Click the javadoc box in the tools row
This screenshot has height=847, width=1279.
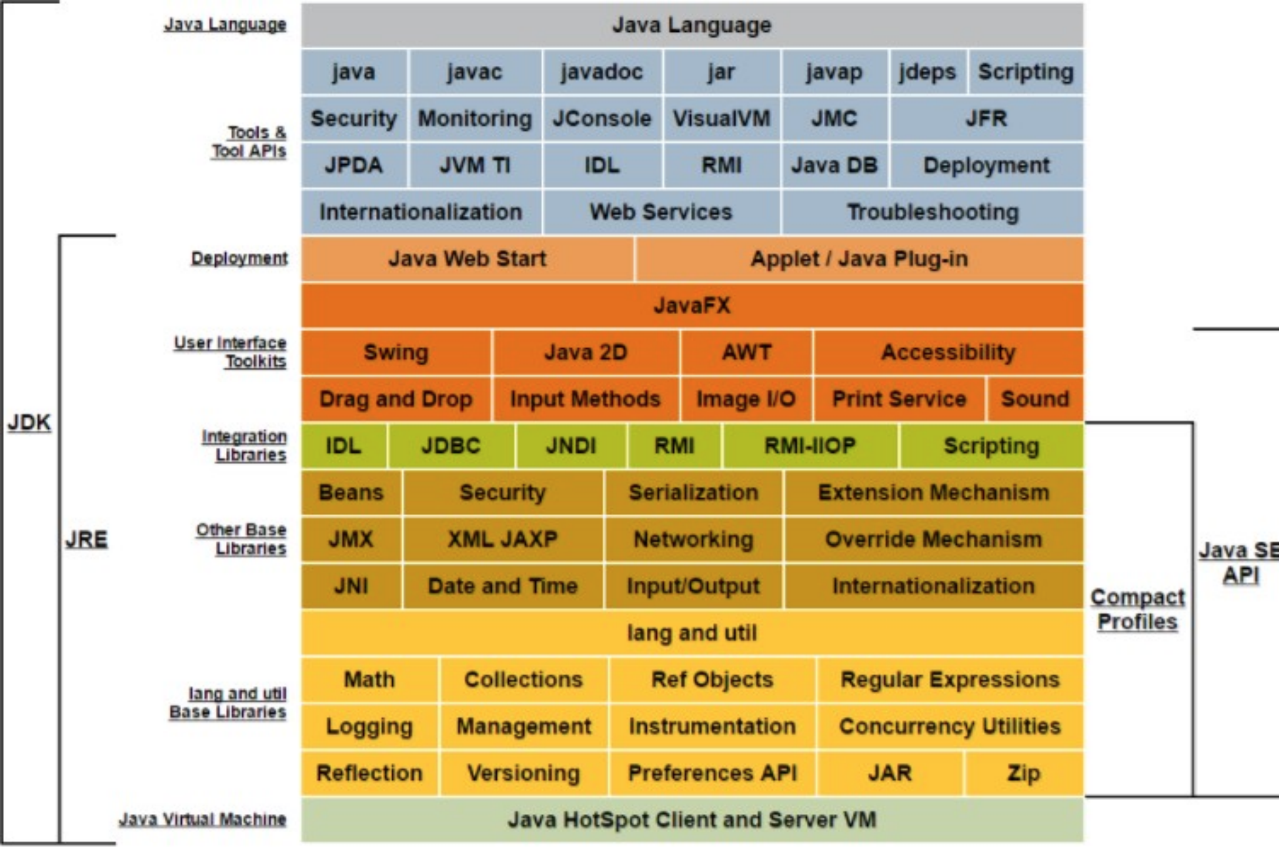click(602, 72)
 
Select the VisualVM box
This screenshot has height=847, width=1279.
click(722, 118)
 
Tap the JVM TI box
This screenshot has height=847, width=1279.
click(475, 165)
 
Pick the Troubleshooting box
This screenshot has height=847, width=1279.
click(933, 212)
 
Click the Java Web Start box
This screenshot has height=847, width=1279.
click(467, 259)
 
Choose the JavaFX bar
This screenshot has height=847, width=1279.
click(692, 305)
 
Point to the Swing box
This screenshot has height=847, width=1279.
click(396, 352)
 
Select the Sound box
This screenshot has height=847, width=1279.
click(1035, 399)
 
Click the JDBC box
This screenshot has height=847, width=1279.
click(451, 446)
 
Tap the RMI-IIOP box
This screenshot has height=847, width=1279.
click(810, 446)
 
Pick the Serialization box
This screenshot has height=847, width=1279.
click(694, 492)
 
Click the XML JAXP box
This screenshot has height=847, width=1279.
click(503, 539)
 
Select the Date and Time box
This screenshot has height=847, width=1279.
click(503, 586)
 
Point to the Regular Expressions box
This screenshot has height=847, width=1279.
click(950, 679)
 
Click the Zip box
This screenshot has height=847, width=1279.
click(1024, 773)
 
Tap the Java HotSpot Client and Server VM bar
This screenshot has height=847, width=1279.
click(692, 820)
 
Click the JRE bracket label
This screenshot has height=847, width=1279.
click(86, 539)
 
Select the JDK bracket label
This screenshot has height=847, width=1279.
click(29, 422)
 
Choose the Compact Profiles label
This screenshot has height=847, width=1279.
click(1137, 609)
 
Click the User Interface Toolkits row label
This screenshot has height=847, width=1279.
click(231, 352)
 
